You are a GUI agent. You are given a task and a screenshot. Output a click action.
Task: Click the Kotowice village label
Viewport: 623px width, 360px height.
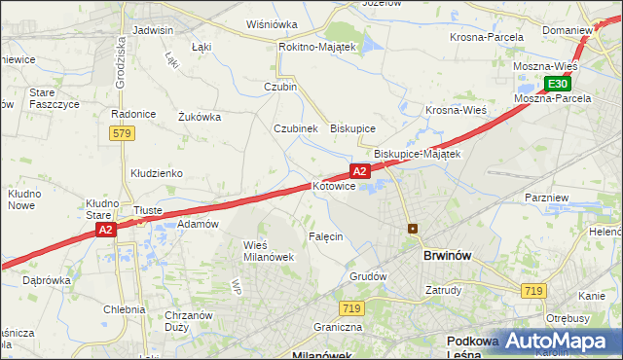(x=334, y=186)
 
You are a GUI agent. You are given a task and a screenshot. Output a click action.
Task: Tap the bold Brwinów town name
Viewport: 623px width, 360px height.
(x=448, y=255)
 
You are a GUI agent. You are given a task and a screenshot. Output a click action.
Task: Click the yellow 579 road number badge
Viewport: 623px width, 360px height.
(x=121, y=133)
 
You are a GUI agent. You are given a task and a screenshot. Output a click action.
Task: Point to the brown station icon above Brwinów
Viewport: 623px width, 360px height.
(x=413, y=229)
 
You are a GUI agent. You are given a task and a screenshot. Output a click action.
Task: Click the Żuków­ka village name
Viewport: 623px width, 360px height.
(x=200, y=117)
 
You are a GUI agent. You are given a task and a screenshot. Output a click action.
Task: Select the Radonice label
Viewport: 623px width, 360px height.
(x=133, y=114)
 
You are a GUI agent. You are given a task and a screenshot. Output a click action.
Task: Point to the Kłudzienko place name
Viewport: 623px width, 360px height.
(x=157, y=173)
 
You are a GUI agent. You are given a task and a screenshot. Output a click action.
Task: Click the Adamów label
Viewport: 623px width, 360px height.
(x=198, y=224)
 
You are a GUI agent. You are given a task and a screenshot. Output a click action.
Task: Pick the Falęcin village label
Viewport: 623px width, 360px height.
(x=326, y=236)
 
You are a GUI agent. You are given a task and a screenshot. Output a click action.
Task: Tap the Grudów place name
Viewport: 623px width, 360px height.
(x=369, y=276)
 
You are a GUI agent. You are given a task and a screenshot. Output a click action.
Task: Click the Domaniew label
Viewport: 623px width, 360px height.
(x=568, y=30)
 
